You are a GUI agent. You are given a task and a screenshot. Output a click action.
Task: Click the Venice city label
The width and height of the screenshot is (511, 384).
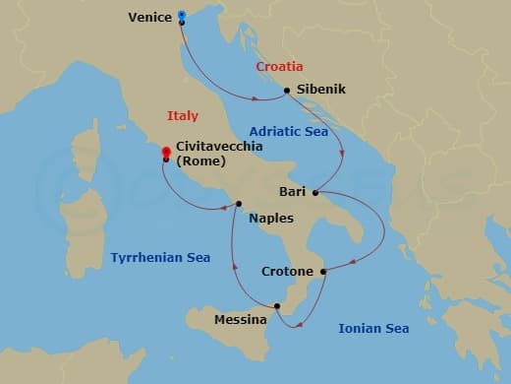pos(150,17)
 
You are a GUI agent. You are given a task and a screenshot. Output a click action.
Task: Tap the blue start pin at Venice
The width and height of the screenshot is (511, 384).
pos(182,15)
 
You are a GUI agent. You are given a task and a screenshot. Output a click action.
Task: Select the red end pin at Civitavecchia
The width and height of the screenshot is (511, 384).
pos(165,152)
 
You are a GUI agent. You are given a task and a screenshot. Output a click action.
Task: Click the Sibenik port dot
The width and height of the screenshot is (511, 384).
pos(286,91)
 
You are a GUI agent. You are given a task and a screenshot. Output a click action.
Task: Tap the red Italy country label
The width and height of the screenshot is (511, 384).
pos(183,116)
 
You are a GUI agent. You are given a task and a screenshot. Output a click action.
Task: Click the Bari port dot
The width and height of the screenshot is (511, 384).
pos(315,192)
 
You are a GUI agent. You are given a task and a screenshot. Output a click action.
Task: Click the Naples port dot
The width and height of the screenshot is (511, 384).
pos(239,205)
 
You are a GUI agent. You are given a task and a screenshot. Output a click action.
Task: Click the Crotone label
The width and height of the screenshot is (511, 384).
pos(287,271)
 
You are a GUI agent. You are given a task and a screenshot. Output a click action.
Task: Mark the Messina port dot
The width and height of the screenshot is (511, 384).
pos(277,306)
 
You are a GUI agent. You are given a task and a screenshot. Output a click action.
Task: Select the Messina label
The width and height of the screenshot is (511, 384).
pos(241,320)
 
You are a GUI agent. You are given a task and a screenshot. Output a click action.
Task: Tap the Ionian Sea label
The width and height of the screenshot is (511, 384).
pos(373,328)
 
